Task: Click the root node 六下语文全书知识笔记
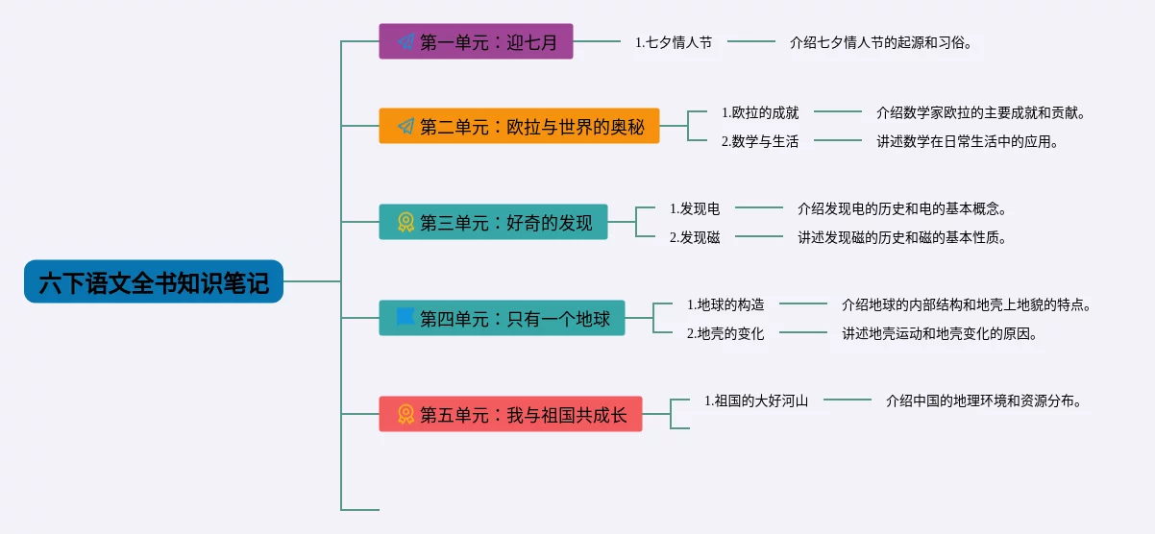(x=154, y=281)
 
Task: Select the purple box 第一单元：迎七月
(x=476, y=41)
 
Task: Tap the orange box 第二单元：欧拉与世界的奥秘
(x=519, y=126)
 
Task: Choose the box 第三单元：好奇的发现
(x=494, y=222)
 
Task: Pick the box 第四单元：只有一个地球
(x=503, y=318)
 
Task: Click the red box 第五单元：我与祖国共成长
(x=510, y=414)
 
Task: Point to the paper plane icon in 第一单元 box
(x=405, y=41)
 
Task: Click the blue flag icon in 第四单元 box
(x=405, y=318)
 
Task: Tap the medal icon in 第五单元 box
(x=405, y=414)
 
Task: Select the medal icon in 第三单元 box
(x=405, y=222)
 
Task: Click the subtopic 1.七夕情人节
(x=674, y=42)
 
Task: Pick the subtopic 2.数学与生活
(x=760, y=141)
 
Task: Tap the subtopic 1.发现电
(x=695, y=208)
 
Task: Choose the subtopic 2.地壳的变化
(x=725, y=333)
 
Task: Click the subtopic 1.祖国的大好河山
(x=756, y=400)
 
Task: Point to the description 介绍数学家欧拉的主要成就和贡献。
(x=981, y=112)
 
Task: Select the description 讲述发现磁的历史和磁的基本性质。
(x=902, y=237)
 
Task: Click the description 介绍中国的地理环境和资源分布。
(x=984, y=400)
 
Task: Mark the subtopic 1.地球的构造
(x=725, y=304)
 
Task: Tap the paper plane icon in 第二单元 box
(x=405, y=126)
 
